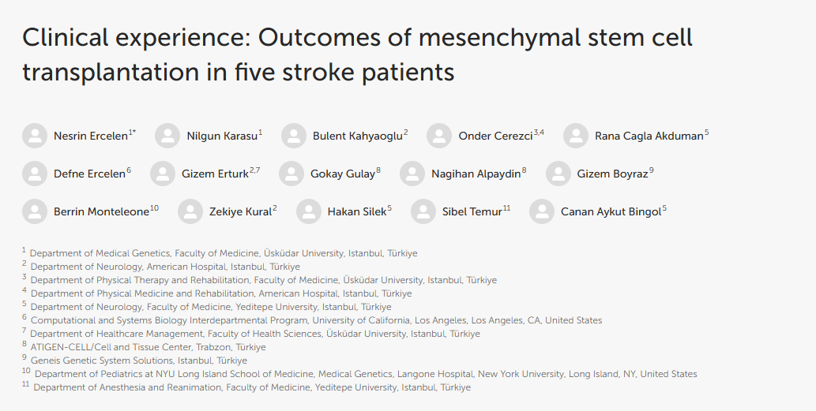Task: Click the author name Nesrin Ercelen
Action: pyautogui.click(x=91, y=136)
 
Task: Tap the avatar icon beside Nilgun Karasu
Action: pyautogui.click(x=167, y=136)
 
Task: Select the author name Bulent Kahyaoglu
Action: pyautogui.click(x=358, y=136)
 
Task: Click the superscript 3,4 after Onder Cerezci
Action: pyautogui.click(x=539, y=133)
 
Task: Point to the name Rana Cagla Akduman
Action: pyautogui.click(x=649, y=136)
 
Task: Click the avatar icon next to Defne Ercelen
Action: pyautogui.click(x=35, y=174)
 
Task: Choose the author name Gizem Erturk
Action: pyautogui.click(x=215, y=174)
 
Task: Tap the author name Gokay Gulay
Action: pyautogui.click(x=343, y=174)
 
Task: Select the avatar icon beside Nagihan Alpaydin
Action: pyautogui.click(x=412, y=174)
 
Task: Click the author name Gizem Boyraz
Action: pyautogui.click(x=612, y=174)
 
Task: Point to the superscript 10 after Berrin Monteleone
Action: pyautogui.click(x=155, y=208)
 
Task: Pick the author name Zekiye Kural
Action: pyautogui.click(x=240, y=212)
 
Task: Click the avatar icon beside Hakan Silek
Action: pyautogui.click(x=309, y=211)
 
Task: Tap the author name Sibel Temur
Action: pyautogui.click(x=472, y=212)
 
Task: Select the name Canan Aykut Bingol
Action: pyautogui.click(x=611, y=212)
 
